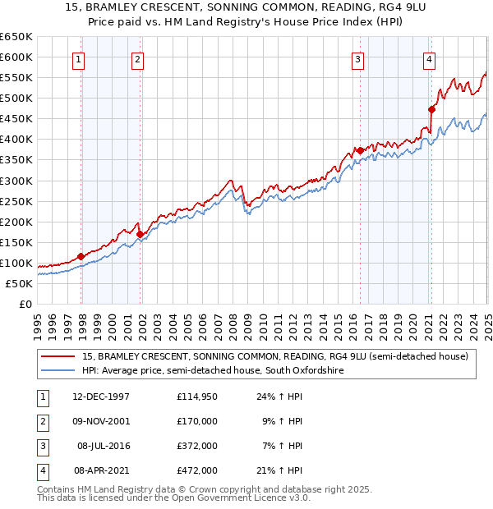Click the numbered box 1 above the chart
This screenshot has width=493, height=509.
(79, 58)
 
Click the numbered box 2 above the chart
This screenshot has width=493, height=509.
(137, 58)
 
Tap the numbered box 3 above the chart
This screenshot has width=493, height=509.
(358, 58)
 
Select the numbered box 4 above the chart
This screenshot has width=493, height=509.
(430, 58)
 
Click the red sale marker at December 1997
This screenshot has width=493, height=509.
(81, 256)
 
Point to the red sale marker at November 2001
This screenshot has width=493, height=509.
(141, 234)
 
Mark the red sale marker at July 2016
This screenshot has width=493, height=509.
(360, 150)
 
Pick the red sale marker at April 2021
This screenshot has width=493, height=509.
(431, 109)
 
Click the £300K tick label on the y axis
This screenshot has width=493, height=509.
(16, 181)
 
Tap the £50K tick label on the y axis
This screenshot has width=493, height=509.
(20, 283)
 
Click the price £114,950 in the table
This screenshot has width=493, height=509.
(196, 397)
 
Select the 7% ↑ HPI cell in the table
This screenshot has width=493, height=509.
(281, 446)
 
